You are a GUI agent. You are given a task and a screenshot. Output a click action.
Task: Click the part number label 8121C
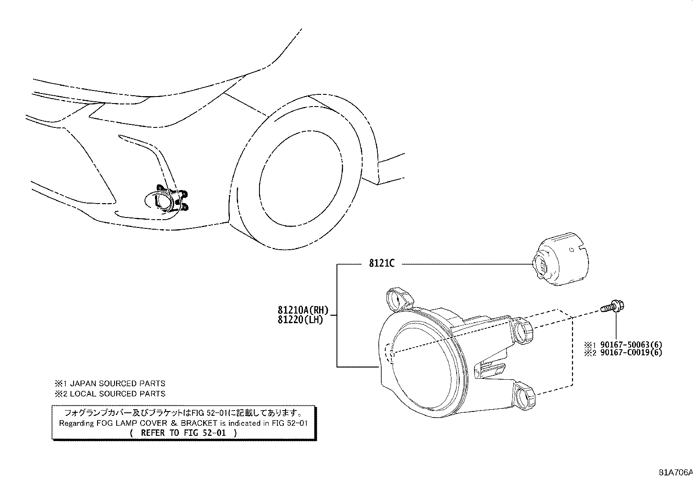382,263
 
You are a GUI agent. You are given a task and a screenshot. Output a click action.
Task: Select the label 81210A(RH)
303,310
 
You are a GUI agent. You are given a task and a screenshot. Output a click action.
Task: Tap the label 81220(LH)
300,320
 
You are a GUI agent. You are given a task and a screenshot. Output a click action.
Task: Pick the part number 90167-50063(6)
631,344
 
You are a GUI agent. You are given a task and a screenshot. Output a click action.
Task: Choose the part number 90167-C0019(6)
631,352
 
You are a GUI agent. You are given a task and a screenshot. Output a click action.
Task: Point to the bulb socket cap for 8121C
561,259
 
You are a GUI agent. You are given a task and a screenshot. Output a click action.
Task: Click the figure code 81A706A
676,472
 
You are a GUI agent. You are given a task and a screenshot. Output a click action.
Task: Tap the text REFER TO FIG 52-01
183,433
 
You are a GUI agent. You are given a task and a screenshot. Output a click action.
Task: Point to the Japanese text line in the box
183,413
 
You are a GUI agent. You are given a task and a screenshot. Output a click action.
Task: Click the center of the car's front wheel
301,184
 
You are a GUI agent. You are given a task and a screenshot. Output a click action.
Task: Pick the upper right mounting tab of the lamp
523,331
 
